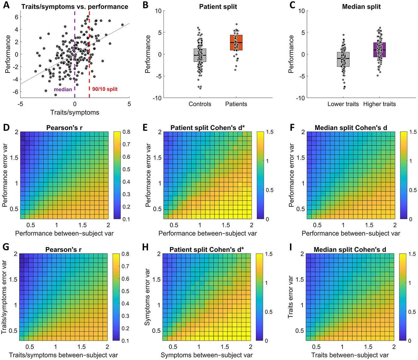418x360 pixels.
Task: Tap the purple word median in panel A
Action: [63, 89]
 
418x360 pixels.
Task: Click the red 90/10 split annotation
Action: [105, 89]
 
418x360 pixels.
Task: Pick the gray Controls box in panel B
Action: [200, 55]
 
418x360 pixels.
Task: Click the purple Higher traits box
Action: [380, 50]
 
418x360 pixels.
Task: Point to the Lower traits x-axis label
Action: [343, 104]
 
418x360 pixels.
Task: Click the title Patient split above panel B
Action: [218, 6]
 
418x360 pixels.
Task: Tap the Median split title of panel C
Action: [361, 6]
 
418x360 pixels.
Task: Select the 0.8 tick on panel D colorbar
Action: [126, 132]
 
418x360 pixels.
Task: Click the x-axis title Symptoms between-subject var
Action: [207, 355]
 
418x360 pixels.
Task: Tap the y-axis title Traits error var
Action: [291, 297]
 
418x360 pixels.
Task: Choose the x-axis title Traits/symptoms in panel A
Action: [75, 112]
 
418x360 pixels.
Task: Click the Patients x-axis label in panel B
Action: [236, 104]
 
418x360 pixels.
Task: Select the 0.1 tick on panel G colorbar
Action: [126, 341]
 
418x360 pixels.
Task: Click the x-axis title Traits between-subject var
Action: [350, 355]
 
